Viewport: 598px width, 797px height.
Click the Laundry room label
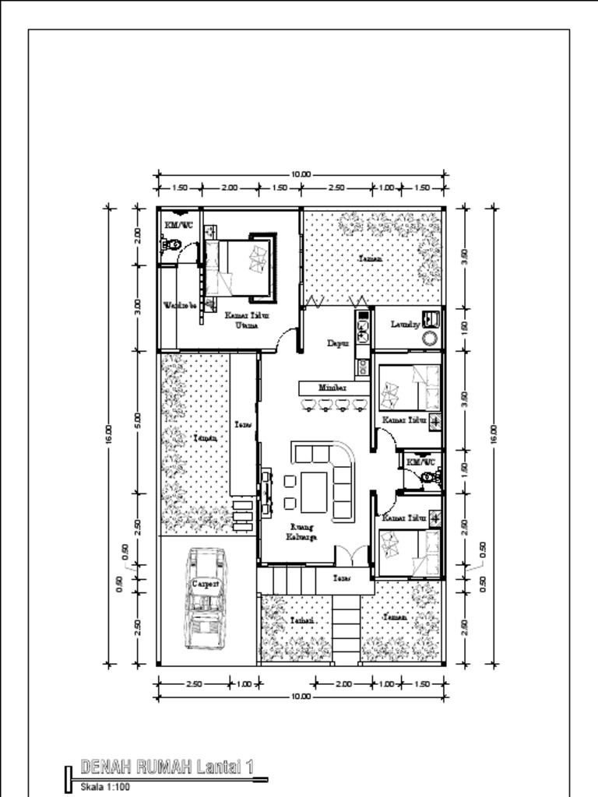tap(405, 324)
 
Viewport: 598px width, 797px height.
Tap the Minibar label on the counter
tap(332, 387)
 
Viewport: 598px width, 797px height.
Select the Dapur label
tap(336, 342)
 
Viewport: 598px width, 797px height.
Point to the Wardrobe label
tap(178, 304)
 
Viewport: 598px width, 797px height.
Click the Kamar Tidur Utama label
tap(242, 320)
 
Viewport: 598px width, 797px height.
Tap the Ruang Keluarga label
tap(301, 531)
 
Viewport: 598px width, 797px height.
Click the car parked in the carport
tap(206, 598)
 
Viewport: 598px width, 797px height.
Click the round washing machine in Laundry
tap(430, 338)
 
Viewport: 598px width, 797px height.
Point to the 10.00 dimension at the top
tap(301, 174)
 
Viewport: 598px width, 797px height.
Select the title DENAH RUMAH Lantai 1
tap(167, 767)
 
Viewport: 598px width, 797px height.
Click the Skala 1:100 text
tap(105, 788)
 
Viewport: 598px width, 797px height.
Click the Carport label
tap(206, 583)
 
